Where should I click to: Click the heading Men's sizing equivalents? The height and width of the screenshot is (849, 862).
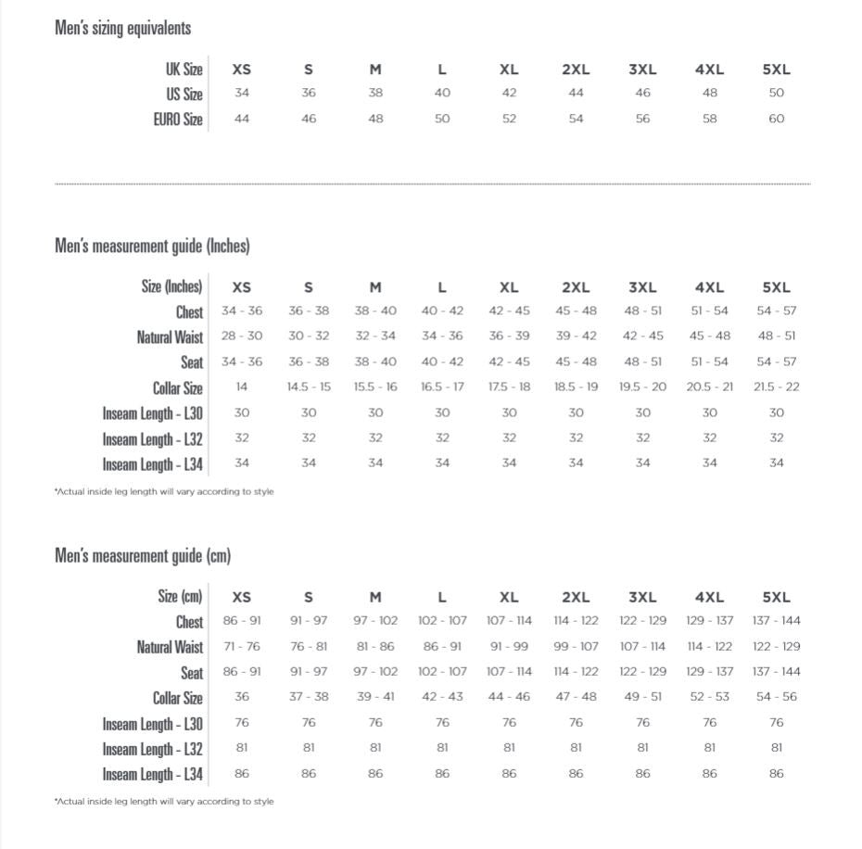click(x=122, y=28)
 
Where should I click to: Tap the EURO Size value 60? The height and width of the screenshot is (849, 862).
click(x=776, y=119)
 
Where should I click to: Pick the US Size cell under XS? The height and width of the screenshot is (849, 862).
click(x=242, y=93)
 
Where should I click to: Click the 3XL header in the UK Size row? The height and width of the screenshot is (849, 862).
click(x=642, y=70)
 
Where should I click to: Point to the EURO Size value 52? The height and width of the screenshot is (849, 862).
click(x=509, y=119)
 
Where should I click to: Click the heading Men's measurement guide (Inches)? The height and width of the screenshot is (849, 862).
click(x=152, y=246)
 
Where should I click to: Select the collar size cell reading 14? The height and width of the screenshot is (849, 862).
click(x=242, y=386)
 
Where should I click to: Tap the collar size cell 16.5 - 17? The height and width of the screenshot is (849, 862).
click(x=442, y=386)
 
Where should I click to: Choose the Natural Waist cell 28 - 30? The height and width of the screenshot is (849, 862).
click(x=242, y=336)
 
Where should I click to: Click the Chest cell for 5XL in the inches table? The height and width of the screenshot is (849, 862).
click(x=776, y=311)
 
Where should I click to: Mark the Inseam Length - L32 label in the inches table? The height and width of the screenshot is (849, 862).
click(x=153, y=438)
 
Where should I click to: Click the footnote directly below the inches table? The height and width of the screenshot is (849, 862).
click(x=164, y=491)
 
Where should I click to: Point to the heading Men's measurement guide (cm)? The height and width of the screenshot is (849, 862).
click(x=143, y=556)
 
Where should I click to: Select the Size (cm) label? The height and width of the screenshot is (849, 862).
click(x=180, y=597)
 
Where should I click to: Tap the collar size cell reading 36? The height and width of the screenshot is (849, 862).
click(x=242, y=697)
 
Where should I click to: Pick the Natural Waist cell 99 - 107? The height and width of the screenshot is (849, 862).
click(x=576, y=646)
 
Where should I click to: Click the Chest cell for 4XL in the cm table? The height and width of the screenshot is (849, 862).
click(x=709, y=621)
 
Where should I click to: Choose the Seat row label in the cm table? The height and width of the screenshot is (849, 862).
click(x=192, y=673)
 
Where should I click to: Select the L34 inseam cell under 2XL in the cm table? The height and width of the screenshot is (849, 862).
click(x=576, y=773)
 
